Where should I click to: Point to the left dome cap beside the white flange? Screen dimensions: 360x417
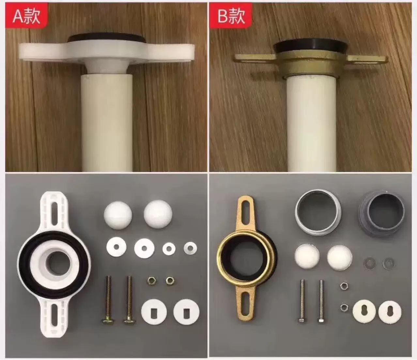pos(117,214)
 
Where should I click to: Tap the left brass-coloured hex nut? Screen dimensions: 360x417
pos(151,280)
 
